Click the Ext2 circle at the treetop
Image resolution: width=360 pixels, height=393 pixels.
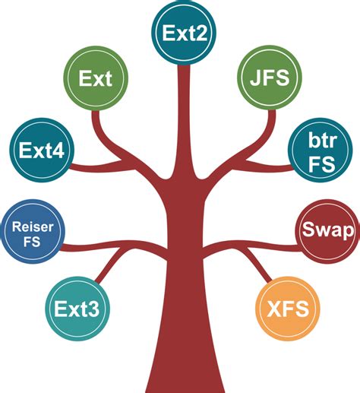[x=183, y=32]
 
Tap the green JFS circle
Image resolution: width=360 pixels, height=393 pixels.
[x=270, y=79]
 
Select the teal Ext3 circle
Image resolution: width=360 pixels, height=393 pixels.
[x=78, y=309]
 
